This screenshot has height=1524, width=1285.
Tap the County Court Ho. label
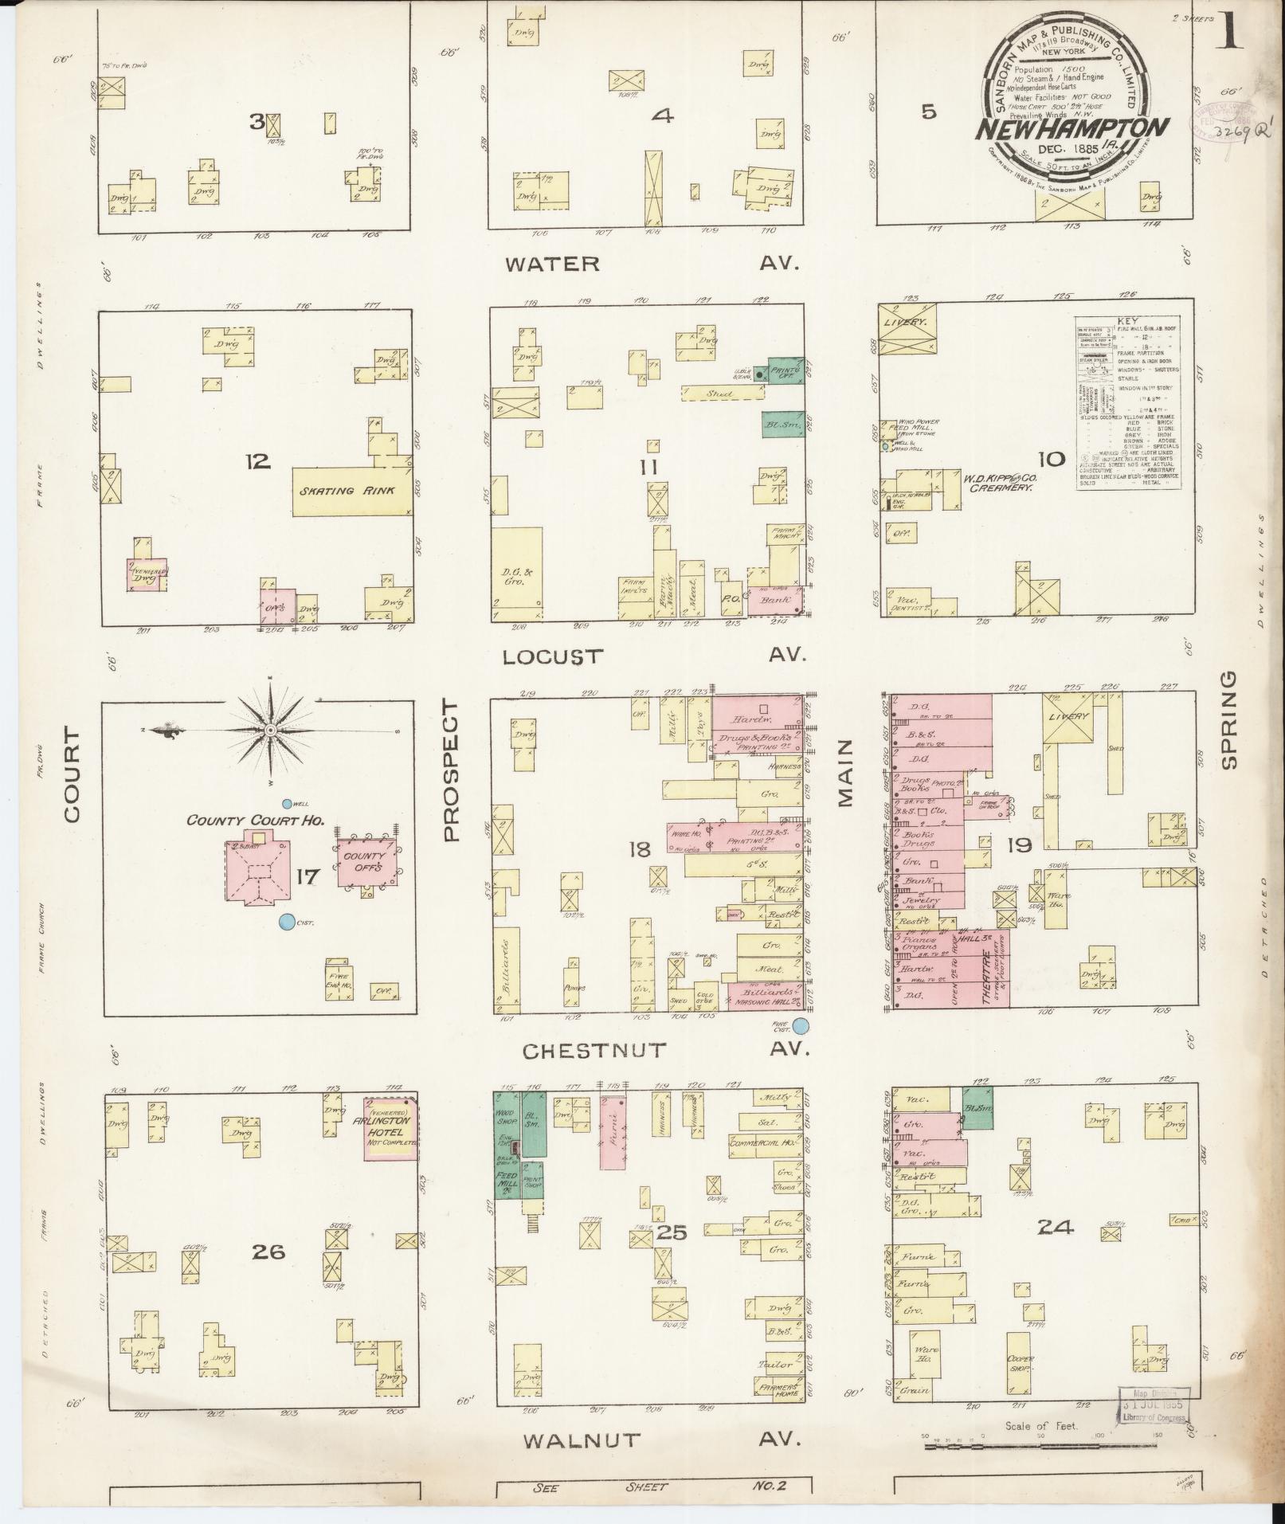pos(255,820)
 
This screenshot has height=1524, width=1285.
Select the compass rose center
pos(270,730)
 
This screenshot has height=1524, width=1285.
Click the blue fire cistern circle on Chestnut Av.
pos(801,1025)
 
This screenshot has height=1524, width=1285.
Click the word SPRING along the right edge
pos(1228,719)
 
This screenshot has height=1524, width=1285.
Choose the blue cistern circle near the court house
pos(286,923)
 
